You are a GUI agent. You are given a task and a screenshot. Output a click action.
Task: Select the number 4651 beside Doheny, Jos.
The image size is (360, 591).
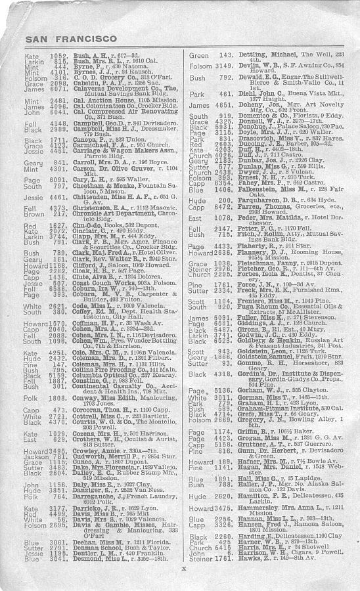click(x=225, y=105)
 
